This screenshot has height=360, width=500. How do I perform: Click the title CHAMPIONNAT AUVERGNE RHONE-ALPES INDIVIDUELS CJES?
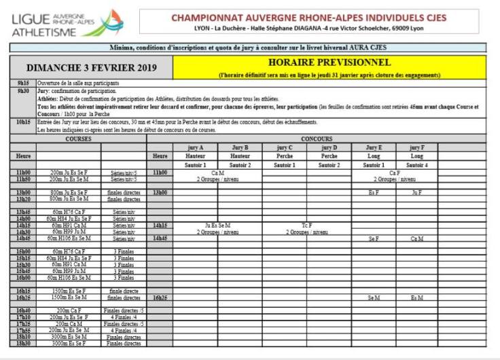pos(309,18)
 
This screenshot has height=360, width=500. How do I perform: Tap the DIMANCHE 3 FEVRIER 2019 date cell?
pos(92,67)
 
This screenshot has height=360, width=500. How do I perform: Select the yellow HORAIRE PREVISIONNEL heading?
pos(329,62)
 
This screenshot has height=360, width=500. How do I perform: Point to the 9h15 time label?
pos(22,83)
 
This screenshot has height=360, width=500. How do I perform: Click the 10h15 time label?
pos(22,122)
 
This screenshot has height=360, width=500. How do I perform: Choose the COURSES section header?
pos(78,138)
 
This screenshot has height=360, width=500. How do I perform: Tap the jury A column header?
pos(195,147)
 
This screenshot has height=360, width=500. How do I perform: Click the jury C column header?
pos(285,147)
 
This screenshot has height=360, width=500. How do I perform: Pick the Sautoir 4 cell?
pos(417,164)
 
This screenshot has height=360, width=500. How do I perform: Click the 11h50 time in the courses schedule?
pos(22,179)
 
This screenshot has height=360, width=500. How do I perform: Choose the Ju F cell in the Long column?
pos(417,192)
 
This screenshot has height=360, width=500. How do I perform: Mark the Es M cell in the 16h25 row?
pos(417,298)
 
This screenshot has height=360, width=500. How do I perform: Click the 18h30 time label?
pos(22,343)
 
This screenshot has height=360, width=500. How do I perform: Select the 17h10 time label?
pos(22,317)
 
